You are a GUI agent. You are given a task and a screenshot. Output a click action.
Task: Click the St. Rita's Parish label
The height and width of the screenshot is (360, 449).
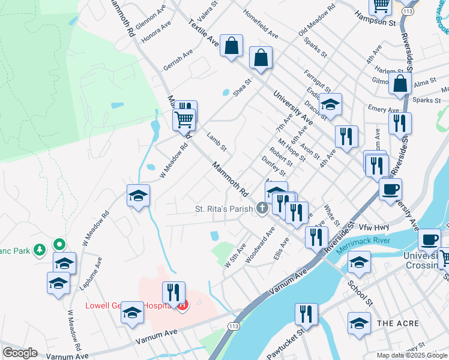[224, 209]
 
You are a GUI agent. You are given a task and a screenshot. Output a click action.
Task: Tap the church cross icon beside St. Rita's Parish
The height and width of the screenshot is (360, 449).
[262, 209]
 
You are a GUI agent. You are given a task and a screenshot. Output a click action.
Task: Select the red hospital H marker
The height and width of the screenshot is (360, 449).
[182, 305]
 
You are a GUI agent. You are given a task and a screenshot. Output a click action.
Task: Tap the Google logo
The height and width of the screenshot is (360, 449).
[20, 353]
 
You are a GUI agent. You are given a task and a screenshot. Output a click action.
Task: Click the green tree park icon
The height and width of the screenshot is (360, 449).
[40, 249]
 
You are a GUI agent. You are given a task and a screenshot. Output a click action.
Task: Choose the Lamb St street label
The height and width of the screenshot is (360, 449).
[216, 142]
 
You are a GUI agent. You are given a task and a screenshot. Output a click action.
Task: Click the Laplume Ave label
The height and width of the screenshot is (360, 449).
[94, 274]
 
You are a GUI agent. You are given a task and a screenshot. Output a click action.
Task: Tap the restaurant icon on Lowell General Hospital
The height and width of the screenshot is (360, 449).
[173, 293]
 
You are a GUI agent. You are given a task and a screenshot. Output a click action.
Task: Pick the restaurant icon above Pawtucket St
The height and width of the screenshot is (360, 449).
[306, 314]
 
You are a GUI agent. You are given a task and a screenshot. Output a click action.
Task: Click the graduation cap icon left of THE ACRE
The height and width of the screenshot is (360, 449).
[359, 323]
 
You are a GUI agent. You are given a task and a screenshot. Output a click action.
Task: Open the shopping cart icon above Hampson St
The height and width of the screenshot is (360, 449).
[381, 5]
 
